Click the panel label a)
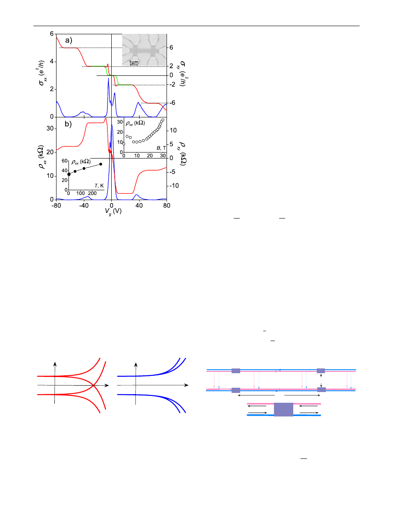point(68,41)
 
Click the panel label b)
point(68,124)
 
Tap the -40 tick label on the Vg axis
point(84,206)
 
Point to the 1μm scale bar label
point(134,62)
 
